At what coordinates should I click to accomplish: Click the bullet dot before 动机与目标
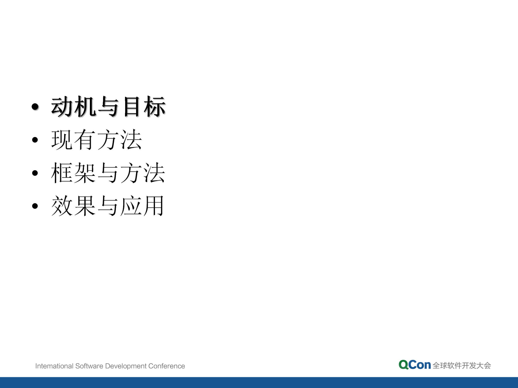tap(35, 107)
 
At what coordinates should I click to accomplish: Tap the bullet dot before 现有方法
tap(35, 140)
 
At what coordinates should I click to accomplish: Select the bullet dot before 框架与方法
tap(35, 173)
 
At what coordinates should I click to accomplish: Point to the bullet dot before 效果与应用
tap(35, 206)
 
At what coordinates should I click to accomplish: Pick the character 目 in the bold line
tap(131, 107)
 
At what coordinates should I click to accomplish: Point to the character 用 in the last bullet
tap(154, 206)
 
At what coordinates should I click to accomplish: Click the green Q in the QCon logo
tap(404, 365)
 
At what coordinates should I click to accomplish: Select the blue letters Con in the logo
tap(420, 365)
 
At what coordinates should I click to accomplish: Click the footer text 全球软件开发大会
tap(462, 366)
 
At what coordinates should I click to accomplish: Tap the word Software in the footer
tap(89, 366)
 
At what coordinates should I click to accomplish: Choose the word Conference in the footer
tap(167, 366)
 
